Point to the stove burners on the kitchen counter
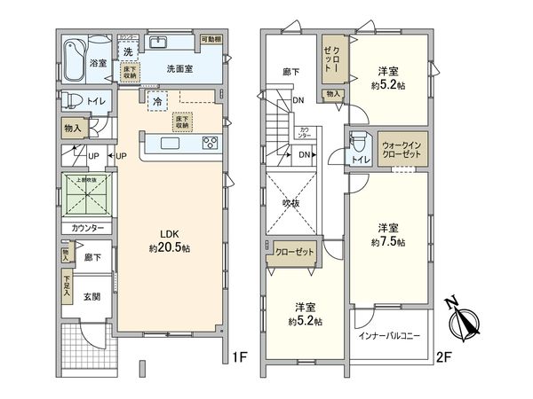pos(210,142)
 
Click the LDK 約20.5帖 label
pos(169,240)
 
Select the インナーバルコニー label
pos(389,337)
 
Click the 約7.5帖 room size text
pos(388,241)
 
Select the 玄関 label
pos(91,297)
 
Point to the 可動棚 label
pos(210,40)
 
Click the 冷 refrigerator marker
pos(156,101)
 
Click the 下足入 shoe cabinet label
pos(67,286)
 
